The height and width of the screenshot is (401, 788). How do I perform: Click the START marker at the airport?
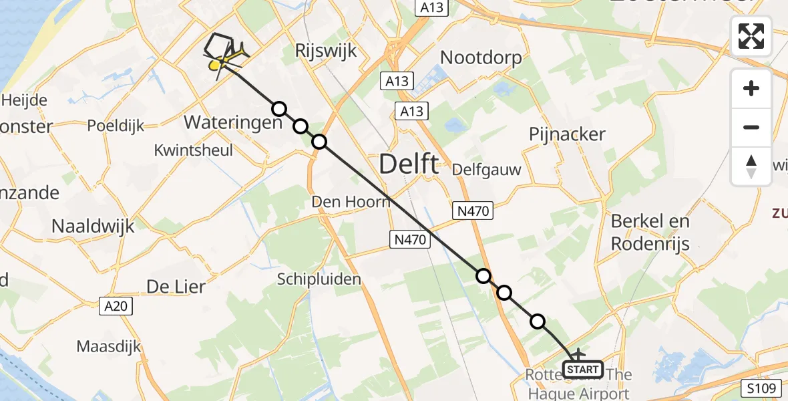click(x=583, y=369)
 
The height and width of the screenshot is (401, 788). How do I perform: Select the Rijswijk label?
click(x=326, y=51)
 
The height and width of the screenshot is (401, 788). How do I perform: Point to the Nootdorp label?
click(x=481, y=58)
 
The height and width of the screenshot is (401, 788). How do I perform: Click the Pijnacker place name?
click(x=567, y=134)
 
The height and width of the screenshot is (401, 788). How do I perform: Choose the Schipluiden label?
click(x=319, y=279)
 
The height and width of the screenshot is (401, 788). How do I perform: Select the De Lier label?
click(x=176, y=286)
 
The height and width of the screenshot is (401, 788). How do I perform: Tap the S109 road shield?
click(x=761, y=387)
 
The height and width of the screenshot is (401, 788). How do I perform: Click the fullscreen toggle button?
click(x=751, y=36)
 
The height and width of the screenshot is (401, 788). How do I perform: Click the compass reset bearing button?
click(x=751, y=166)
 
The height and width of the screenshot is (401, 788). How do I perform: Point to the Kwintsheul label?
click(x=194, y=150)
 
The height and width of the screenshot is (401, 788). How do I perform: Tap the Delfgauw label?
click(x=486, y=169)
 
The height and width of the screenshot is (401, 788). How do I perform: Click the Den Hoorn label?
click(x=351, y=201)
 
